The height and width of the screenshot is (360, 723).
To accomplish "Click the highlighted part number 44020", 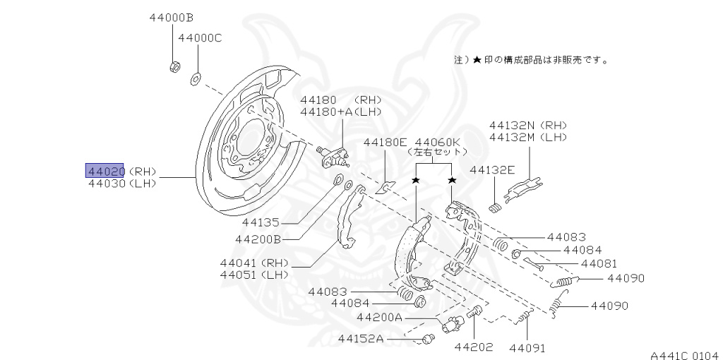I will [x=105, y=171].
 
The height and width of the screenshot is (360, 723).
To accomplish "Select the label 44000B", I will [x=171, y=18].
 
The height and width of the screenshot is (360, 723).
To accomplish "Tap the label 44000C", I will [x=200, y=37].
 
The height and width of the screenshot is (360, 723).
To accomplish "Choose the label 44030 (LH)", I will [x=121, y=184].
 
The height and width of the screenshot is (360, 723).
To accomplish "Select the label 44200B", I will [x=258, y=239].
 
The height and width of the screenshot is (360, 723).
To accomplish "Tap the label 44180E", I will [x=386, y=142].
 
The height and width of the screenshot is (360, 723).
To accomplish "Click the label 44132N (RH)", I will [x=528, y=124].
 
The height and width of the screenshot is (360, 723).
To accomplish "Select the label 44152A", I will [x=360, y=339].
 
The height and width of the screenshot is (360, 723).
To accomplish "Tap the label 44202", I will [x=473, y=347].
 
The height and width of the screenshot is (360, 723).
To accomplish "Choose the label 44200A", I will [x=379, y=318].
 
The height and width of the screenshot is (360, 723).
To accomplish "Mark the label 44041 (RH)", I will [x=254, y=263].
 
